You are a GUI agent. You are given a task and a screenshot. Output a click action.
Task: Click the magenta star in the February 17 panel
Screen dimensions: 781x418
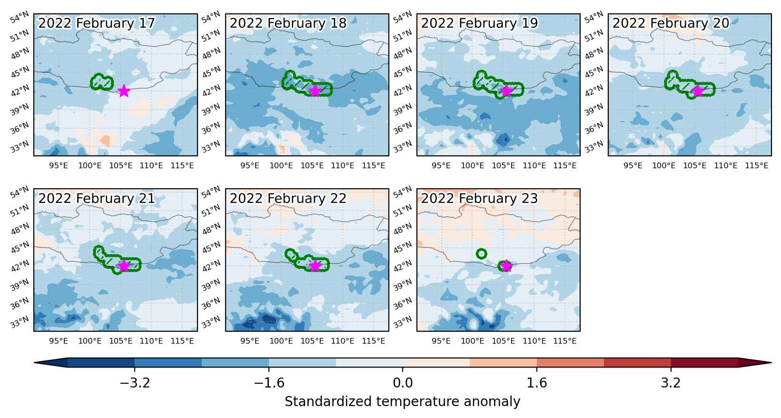(124, 91)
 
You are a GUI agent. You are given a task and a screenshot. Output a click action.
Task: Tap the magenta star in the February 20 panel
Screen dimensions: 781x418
(698, 91)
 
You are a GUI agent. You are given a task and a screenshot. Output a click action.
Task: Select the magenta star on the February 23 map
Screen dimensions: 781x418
(506, 266)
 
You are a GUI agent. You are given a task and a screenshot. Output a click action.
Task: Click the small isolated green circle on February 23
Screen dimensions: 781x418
(482, 254)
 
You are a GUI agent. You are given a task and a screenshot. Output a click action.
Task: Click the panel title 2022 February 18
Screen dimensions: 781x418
(288, 23)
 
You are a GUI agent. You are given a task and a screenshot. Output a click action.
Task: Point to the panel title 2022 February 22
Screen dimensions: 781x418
(288, 199)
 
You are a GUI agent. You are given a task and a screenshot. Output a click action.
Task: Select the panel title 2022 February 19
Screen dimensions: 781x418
(479, 23)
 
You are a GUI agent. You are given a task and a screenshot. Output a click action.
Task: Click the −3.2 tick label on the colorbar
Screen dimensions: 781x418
(135, 383)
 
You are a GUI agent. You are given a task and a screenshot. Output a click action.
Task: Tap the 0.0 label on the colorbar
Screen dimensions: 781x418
(403, 383)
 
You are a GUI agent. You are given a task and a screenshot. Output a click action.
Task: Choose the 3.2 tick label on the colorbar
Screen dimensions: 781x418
(671, 383)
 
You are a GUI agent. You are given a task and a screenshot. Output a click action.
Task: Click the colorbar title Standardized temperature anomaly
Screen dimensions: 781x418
(402, 402)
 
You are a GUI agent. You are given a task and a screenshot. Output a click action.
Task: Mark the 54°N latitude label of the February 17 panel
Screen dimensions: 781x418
(20, 17)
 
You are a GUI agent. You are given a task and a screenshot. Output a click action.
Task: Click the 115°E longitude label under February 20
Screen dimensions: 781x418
(757, 165)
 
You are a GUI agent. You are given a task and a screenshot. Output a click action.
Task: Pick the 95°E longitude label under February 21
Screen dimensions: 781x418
(59, 341)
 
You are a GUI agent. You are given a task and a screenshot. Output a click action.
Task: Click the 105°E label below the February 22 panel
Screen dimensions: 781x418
(312, 341)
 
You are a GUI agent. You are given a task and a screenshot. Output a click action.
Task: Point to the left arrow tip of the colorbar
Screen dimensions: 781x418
(35, 363)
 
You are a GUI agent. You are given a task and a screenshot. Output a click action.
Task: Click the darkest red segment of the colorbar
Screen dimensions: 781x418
(704, 363)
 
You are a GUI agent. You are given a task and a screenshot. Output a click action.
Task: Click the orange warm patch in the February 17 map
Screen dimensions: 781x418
(105, 141)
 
